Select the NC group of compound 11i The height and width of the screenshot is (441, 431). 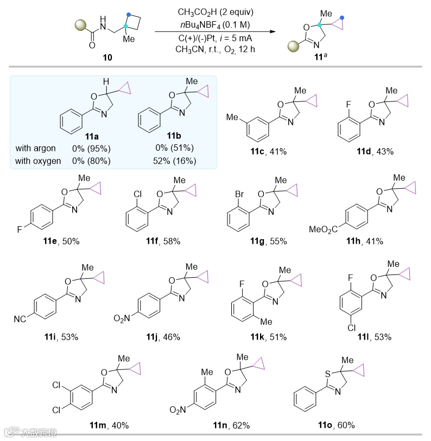22,315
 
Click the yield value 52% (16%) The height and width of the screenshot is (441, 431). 175,160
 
